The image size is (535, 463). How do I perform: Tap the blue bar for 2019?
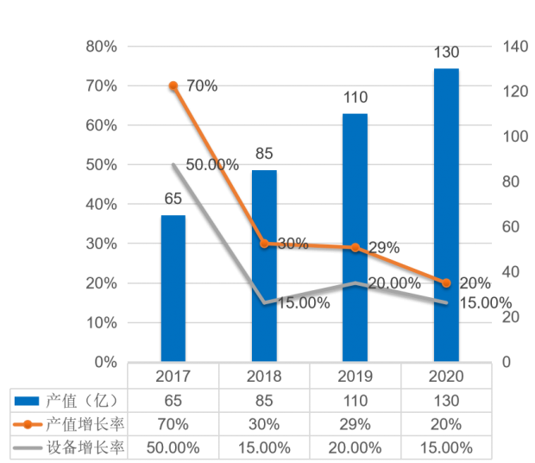pyautogui.click(x=355, y=238)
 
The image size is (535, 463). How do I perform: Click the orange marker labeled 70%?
pyautogui.click(x=173, y=86)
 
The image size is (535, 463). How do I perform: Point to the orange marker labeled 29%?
pyautogui.click(x=355, y=248)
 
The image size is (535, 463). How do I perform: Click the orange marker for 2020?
pyautogui.click(x=446, y=283)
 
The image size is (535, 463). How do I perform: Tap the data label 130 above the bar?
pyautogui.click(x=446, y=51)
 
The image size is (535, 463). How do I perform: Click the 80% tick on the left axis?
pyautogui.click(x=102, y=47)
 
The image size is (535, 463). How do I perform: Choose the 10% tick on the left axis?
pyautogui.click(x=102, y=322)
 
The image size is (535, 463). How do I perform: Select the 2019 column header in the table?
pyautogui.click(x=355, y=377)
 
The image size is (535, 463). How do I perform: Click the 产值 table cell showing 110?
pyautogui.click(x=355, y=400)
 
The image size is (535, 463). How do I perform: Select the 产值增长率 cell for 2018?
pyautogui.click(x=264, y=423)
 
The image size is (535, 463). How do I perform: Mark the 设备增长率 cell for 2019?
pyautogui.click(x=355, y=447)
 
